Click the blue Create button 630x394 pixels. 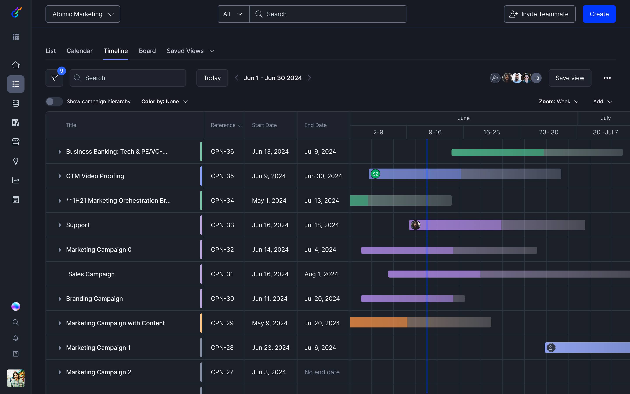tap(599, 14)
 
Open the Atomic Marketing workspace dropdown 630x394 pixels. tap(83, 14)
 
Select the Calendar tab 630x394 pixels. tap(79, 51)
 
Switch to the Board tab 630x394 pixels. tap(147, 51)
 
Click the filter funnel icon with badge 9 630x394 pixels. tap(54, 78)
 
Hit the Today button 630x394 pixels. tap(212, 78)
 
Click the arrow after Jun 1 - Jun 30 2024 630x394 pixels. tap(309, 78)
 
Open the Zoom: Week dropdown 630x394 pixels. tap(559, 102)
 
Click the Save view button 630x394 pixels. tap(570, 78)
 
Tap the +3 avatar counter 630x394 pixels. tap(536, 78)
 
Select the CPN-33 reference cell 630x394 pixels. tap(222, 225)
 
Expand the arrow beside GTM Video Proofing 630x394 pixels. tap(60, 176)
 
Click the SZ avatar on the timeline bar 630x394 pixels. tap(375, 174)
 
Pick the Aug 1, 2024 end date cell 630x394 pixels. tap(321, 274)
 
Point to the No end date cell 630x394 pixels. tap(322, 372)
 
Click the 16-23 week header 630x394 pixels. tap(492, 132)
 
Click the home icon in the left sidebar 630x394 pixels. tap(16, 65)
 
